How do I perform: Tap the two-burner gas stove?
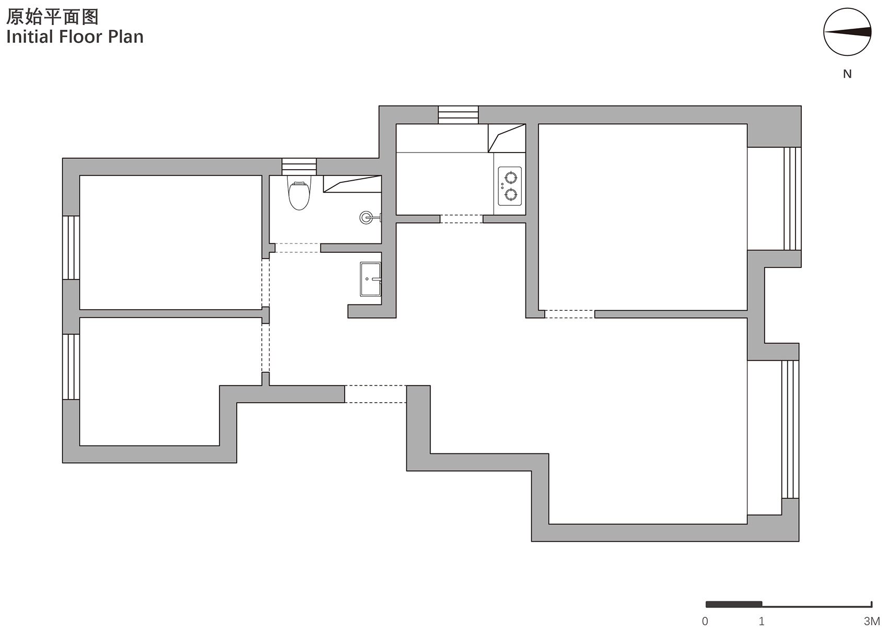coord(510,186)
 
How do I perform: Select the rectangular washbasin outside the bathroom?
coord(370,279)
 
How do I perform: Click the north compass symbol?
coord(847,32)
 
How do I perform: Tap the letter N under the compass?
coord(847,74)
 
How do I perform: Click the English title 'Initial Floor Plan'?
coord(75,37)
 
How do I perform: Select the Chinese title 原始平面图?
coord(52,17)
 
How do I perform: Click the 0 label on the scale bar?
coord(705,621)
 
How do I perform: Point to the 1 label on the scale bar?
coord(762,621)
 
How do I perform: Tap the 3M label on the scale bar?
coord(871,621)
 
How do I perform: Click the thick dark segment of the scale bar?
coord(733,604)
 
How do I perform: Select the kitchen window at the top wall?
coord(458,115)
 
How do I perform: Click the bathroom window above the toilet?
coord(299,167)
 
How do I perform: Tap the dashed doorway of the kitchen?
coord(461,219)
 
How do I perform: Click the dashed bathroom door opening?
coord(297,248)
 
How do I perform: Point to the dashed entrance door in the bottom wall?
coord(376,394)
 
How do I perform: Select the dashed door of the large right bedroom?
coord(569,314)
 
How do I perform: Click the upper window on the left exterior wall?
coord(71,248)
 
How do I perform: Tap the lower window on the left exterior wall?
coord(71,367)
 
